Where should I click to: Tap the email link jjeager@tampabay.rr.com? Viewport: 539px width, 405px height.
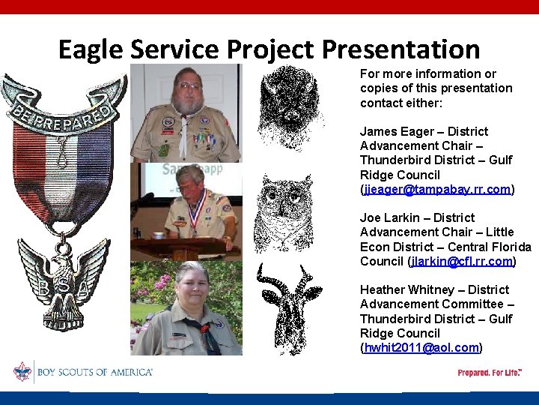pos(437,189)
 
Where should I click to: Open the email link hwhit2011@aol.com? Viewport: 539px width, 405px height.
pos(420,347)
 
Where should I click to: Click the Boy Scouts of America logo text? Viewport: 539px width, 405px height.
pos(94,372)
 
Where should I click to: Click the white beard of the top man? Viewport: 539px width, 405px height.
pos(186,105)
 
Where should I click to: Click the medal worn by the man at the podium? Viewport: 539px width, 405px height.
pos(196,224)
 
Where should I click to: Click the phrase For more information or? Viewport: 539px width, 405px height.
pos(427,73)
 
